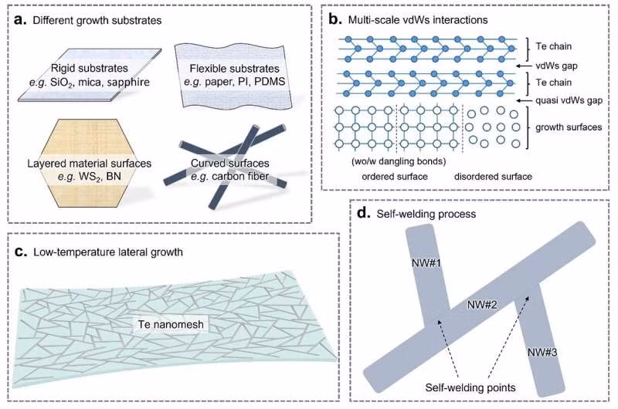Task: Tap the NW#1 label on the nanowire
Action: pyautogui.click(x=426, y=265)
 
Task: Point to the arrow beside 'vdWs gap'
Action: pyautogui.click(x=543, y=66)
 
